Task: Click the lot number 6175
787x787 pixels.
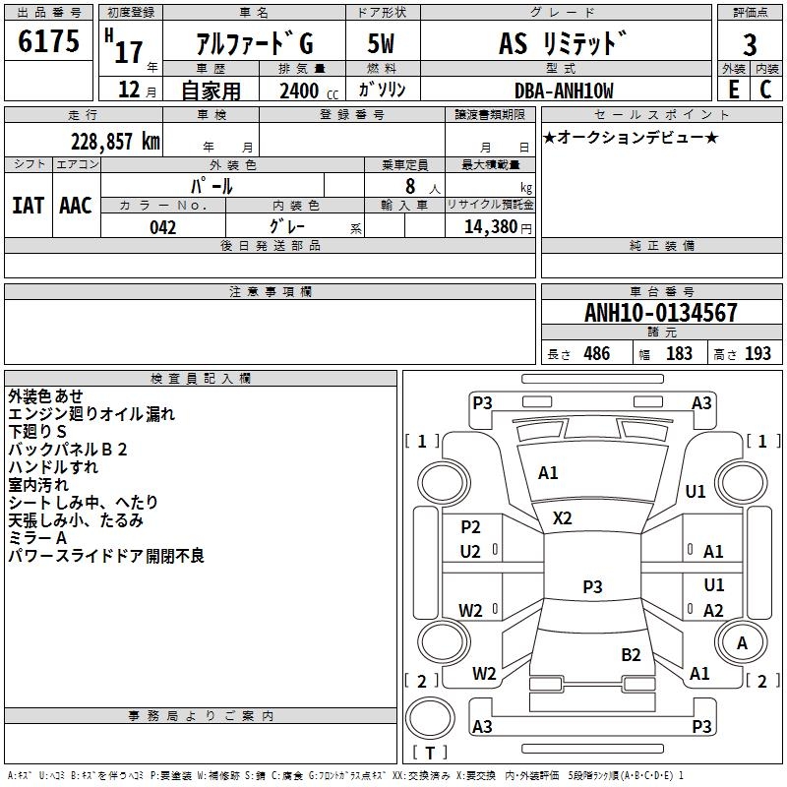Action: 49,42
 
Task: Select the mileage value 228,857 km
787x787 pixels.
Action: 115,141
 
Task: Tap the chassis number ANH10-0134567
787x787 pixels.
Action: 660,313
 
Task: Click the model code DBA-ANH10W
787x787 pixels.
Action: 563,91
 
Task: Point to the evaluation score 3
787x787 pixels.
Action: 750,45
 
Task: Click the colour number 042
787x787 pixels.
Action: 163,226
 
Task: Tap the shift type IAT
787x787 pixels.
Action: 29,205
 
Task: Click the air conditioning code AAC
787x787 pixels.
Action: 76,205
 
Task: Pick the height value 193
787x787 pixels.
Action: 757,353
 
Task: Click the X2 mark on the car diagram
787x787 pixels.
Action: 563,517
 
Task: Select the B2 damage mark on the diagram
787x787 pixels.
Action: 631,654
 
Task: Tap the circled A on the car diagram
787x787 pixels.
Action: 742,642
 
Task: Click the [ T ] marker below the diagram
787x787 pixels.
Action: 429,753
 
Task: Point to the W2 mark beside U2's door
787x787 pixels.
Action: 471,610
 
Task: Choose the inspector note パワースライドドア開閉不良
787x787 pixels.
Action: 106,557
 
